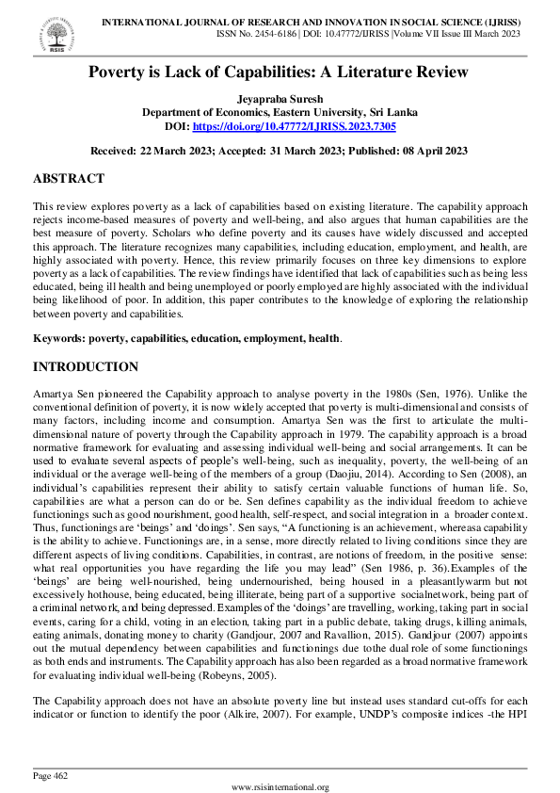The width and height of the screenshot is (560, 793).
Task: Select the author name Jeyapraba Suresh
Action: click(x=280, y=98)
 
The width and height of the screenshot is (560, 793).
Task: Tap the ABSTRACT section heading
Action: click(x=69, y=179)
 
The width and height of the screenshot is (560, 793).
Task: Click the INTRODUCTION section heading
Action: click(x=86, y=340)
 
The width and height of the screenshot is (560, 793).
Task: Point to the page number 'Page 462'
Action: click(x=50, y=775)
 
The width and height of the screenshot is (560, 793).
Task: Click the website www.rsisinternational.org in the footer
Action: click(x=280, y=786)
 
